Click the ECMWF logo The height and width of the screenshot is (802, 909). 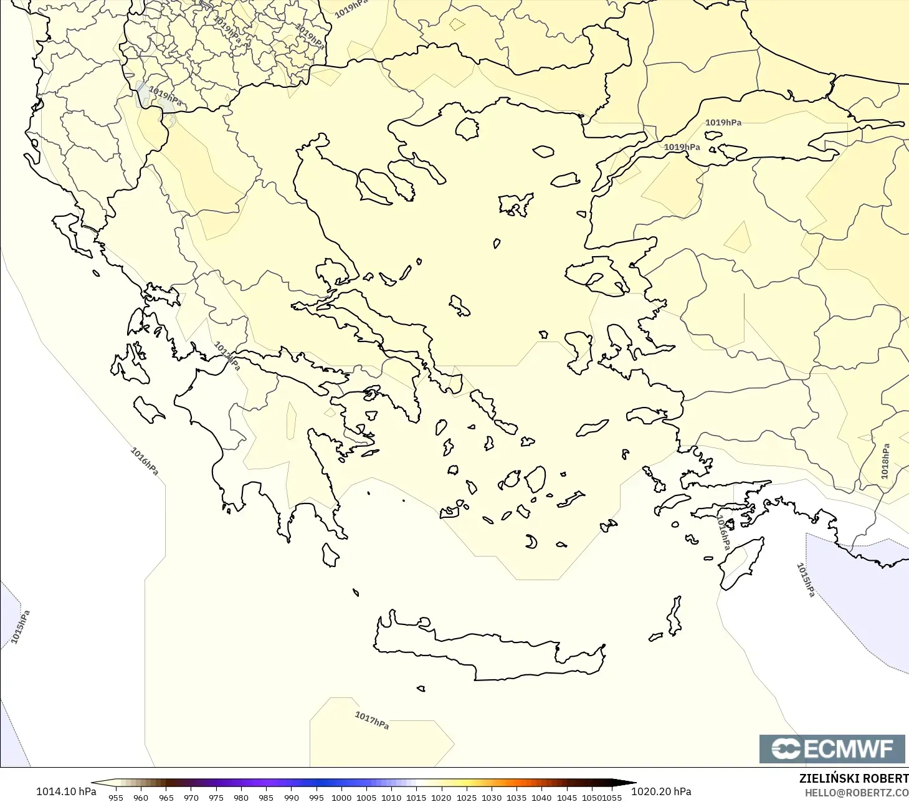click(832, 748)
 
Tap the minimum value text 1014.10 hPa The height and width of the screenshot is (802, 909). click(66, 791)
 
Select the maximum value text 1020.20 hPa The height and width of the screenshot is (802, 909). click(661, 791)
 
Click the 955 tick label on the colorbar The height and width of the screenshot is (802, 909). click(116, 798)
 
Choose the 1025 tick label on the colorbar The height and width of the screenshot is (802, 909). click(466, 798)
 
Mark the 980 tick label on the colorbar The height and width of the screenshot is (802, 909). click(241, 798)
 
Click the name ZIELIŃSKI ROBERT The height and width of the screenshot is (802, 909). click(854, 778)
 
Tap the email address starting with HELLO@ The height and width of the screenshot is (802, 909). click(857, 793)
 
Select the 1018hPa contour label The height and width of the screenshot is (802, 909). click(885, 461)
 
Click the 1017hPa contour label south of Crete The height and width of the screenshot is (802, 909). click(372, 720)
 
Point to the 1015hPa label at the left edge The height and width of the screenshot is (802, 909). click(20, 627)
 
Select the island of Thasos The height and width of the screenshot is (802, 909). click(467, 129)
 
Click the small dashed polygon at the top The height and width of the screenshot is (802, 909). click(457, 24)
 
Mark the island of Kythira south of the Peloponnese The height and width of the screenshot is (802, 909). click(330, 555)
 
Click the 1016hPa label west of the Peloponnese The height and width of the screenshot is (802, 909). click(145, 461)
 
